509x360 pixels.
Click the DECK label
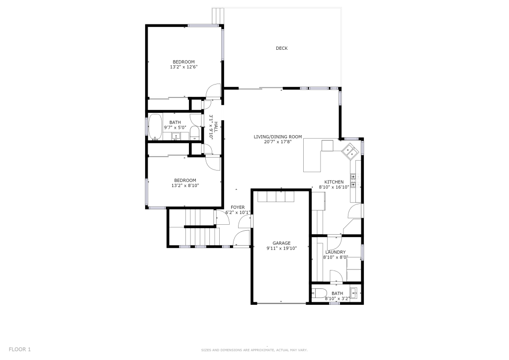click(281, 48)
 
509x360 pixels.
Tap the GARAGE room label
click(281, 243)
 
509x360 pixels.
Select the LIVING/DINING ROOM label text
click(278, 137)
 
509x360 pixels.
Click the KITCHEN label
click(334, 182)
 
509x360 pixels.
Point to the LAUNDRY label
click(336, 252)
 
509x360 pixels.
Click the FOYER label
click(238, 207)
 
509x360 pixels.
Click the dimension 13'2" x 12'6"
click(184, 67)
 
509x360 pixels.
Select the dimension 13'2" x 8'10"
click(185, 185)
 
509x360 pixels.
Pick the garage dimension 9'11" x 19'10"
click(282, 248)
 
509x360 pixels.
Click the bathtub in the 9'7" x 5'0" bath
click(156, 127)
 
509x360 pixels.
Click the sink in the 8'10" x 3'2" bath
click(354, 293)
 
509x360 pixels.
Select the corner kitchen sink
click(349, 151)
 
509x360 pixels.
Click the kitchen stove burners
click(353, 180)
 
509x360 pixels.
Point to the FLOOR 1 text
click(20, 350)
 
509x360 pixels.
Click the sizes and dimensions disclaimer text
click(254, 350)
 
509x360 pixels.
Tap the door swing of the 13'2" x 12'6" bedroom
click(214, 90)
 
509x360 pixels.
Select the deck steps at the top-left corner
click(218, 16)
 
